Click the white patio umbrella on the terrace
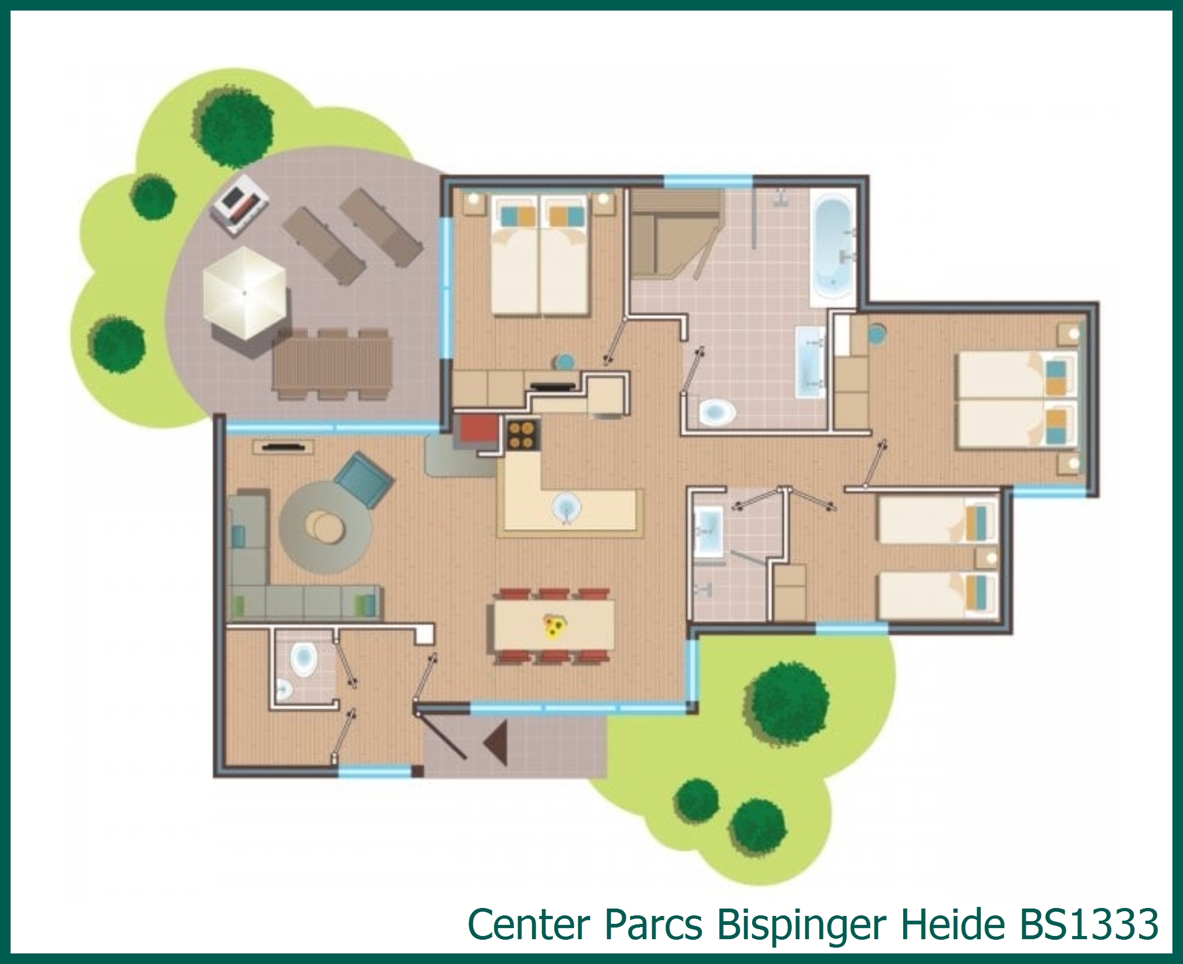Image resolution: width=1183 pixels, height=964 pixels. coord(245,293)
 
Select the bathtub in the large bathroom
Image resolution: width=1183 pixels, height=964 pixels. coord(833,247)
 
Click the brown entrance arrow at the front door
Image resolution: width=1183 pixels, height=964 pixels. coord(496,743)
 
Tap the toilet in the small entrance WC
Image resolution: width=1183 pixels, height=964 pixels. coord(304,659)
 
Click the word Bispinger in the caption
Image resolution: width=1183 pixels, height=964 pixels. coord(801,924)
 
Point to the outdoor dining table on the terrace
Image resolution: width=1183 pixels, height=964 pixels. coord(332,364)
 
